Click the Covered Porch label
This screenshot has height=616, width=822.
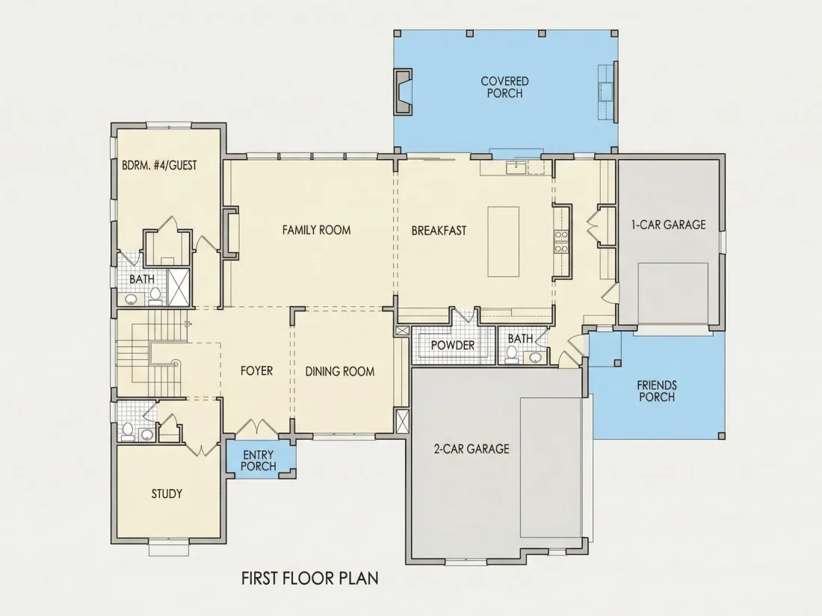pos(505,87)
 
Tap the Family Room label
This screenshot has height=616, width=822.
pos(316,230)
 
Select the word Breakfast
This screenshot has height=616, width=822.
pos(439,231)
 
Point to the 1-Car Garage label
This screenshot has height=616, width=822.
pos(668,225)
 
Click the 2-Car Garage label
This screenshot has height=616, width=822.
pos(472,449)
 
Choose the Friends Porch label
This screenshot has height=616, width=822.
pos(657,391)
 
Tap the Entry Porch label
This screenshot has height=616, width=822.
pos(258,461)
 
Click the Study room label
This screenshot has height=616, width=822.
pos(167,494)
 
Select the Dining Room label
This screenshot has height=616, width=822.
pos(340,372)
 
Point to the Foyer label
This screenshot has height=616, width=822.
pos(256,371)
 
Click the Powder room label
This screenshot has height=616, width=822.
pos(452,345)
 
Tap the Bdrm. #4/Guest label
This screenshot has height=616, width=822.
pos(159,166)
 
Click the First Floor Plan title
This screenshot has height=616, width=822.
pos(310,578)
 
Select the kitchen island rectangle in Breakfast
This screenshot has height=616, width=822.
pos(503,241)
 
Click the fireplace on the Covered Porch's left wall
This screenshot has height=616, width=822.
pos(403,91)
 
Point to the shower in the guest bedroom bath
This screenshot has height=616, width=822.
pos(179,287)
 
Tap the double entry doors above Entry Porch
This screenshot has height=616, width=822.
pos(256,427)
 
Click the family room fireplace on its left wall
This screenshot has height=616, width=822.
pos(231,233)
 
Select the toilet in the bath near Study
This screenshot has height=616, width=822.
pos(127,431)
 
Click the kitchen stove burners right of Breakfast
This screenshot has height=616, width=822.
pos(561,241)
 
